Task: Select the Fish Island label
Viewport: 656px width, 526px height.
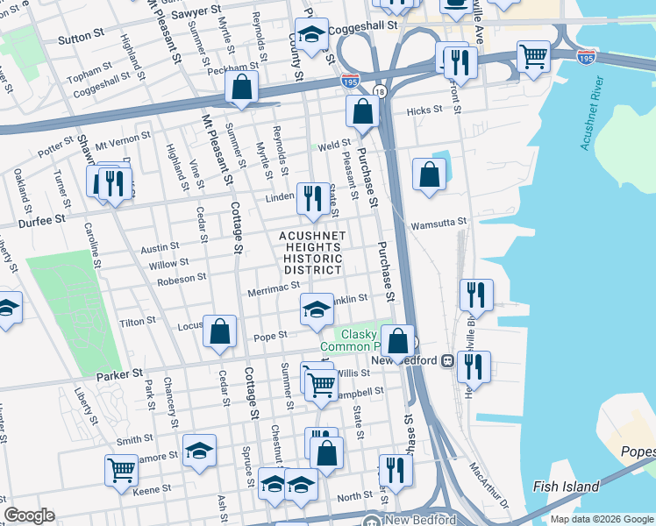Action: pos(566,487)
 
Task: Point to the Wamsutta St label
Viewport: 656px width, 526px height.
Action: pos(439,224)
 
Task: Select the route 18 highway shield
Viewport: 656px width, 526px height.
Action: pos(379,90)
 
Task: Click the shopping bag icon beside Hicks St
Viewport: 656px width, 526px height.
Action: pos(362,111)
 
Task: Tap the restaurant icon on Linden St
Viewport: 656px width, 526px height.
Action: pos(312,197)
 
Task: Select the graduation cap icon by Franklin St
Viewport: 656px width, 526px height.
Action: pos(317,309)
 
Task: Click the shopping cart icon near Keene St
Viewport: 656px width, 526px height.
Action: pos(121,469)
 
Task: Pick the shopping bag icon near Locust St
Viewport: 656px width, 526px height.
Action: pos(220,331)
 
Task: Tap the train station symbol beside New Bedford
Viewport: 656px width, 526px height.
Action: pos(446,360)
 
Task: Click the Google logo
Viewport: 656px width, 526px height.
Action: pos(29,515)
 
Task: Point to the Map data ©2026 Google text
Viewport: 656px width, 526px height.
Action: pos(601,519)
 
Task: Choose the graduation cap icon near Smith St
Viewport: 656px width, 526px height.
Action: pos(199,451)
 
